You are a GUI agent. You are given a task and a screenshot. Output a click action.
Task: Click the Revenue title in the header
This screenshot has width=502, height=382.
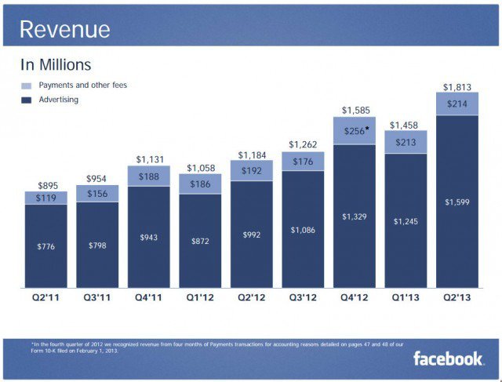click(64, 30)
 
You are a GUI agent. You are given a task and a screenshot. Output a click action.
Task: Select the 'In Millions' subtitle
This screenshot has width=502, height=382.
click(56, 65)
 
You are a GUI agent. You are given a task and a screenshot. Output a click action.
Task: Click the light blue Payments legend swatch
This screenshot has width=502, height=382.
click(26, 85)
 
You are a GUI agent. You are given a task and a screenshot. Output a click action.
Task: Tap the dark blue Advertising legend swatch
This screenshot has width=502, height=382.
click(26, 100)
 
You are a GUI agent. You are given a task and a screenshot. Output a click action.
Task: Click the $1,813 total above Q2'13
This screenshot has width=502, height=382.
click(457, 86)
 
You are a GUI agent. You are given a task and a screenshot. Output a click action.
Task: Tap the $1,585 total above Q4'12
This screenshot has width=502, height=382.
click(355, 111)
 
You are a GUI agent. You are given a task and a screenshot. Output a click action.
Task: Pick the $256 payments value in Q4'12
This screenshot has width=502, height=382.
click(354, 131)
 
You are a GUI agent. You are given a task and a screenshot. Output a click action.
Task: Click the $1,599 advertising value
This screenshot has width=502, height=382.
click(457, 202)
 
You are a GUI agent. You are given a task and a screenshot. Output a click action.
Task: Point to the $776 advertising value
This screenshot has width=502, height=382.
click(47, 247)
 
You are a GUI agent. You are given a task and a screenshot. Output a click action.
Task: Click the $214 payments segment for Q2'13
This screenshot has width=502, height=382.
click(457, 104)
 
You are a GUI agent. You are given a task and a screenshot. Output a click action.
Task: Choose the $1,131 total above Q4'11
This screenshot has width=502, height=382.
click(149, 160)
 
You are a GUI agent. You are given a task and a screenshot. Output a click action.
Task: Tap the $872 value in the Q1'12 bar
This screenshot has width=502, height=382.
click(200, 241)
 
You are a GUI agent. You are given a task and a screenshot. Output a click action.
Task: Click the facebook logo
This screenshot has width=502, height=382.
click(449, 358)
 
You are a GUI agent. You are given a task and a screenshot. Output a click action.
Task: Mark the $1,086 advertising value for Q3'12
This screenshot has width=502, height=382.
click(303, 230)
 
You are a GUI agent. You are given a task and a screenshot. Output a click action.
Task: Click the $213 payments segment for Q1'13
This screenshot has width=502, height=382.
click(406, 142)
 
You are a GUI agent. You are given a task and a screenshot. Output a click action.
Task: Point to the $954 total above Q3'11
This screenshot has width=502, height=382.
click(98, 179)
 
